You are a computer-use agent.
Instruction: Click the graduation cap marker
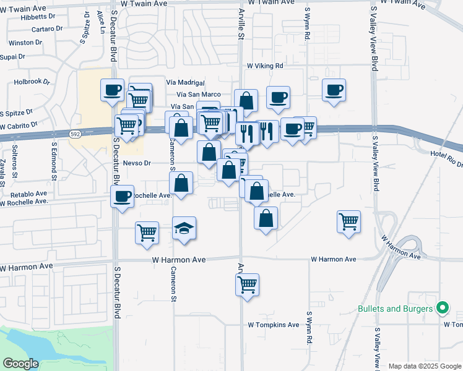[184, 228]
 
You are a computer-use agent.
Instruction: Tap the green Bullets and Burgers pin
[442, 308]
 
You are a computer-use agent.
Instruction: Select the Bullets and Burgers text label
[394, 309]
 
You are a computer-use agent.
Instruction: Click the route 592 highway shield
[75, 134]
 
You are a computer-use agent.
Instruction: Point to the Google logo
[20, 363]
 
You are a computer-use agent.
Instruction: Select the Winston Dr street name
[25, 43]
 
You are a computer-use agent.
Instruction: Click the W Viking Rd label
[265, 66]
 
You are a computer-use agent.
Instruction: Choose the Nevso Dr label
[137, 163]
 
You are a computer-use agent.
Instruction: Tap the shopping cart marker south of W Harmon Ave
[248, 284]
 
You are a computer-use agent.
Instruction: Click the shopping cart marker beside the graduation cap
[147, 232]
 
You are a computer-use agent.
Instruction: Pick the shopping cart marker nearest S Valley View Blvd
[349, 221]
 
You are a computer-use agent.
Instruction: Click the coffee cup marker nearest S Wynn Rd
[334, 90]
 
